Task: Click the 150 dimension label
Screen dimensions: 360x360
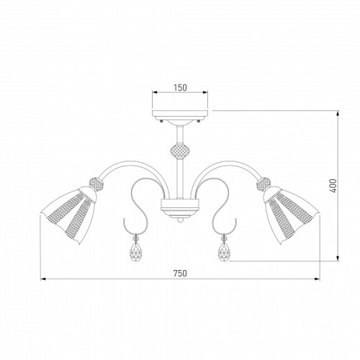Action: click(180, 88)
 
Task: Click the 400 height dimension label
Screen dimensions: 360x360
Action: click(333, 186)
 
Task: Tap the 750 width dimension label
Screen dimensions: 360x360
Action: click(180, 273)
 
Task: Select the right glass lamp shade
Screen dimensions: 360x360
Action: click(292, 215)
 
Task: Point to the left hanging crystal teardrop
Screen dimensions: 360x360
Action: click(136, 252)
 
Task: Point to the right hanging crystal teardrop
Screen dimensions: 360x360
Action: click(225, 252)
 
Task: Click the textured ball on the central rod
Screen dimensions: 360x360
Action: click(180, 152)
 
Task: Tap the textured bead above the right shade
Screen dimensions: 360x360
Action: click(264, 184)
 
